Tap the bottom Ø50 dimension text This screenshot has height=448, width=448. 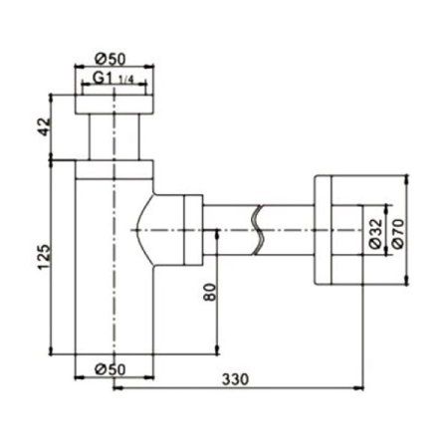click(112, 369)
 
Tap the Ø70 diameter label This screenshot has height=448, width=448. click(395, 231)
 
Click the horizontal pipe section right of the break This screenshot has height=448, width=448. click(289, 231)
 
